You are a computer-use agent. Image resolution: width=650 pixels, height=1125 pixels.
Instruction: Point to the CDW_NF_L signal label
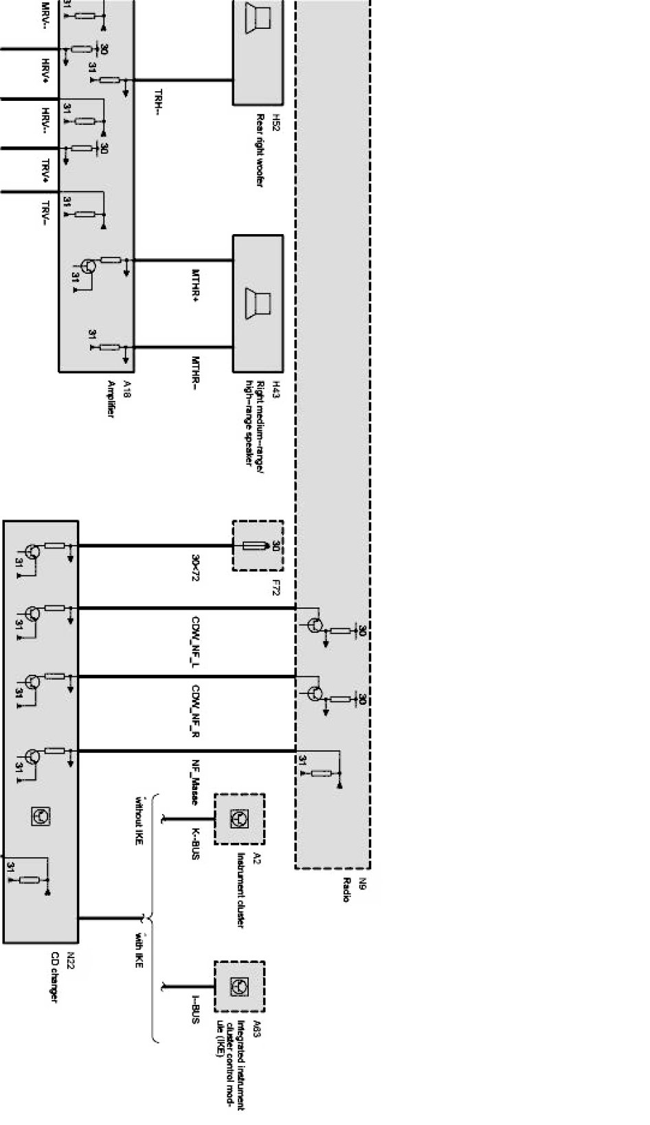[196, 643]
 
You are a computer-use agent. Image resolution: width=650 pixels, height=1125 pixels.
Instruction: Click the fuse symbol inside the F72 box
[258, 546]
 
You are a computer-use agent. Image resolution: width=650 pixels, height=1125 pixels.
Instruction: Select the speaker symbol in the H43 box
[258, 303]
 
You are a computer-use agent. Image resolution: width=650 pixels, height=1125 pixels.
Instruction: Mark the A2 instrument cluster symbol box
[239, 819]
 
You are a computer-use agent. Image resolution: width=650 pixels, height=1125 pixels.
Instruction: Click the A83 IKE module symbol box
[239, 986]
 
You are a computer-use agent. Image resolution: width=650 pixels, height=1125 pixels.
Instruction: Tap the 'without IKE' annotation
[139, 819]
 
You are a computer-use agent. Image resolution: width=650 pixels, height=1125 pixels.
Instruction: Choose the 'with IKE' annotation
[139, 949]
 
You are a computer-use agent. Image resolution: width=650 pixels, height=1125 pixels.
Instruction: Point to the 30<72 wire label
[196, 572]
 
